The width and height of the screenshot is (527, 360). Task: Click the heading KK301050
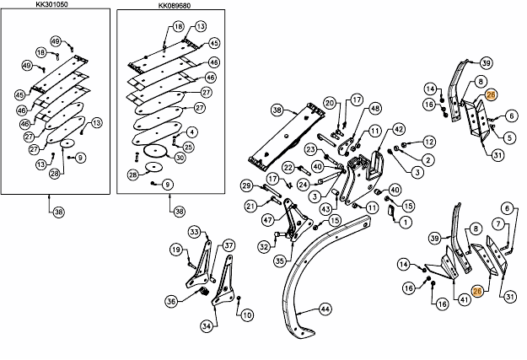tap(51, 4)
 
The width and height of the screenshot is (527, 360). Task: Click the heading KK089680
tap(174, 5)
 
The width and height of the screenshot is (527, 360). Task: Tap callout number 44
tap(325, 309)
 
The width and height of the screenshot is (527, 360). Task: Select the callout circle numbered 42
tap(399, 129)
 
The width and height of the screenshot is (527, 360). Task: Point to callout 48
tap(374, 109)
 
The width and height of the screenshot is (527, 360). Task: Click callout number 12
tap(429, 142)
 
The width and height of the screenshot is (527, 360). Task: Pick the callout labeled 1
tap(406, 223)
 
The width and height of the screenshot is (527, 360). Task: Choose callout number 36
tap(171, 301)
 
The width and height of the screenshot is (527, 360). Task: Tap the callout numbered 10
tap(247, 315)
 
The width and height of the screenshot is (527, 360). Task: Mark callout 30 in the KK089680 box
tap(180, 158)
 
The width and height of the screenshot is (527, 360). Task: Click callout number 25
tap(188, 147)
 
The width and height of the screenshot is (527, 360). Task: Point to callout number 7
tap(499, 224)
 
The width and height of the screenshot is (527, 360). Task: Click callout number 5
tap(509, 137)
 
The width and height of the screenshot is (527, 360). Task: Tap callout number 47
tap(268, 221)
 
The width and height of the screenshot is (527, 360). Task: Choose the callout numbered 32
tap(265, 247)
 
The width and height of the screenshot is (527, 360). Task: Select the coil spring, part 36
tap(203, 292)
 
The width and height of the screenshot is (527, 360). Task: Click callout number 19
tap(176, 250)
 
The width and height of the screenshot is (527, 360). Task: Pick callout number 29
tap(247, 185)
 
